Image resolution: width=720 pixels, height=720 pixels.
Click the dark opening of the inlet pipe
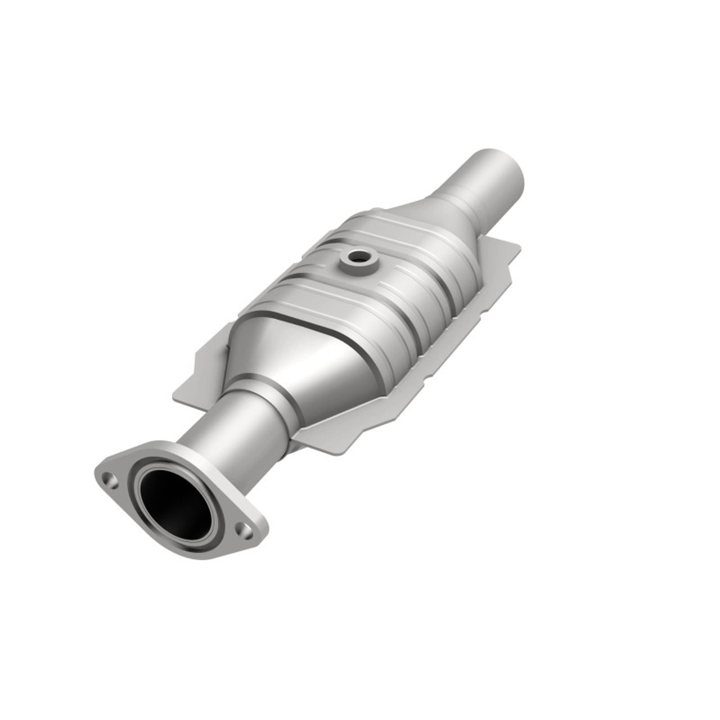tap(175, 502)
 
